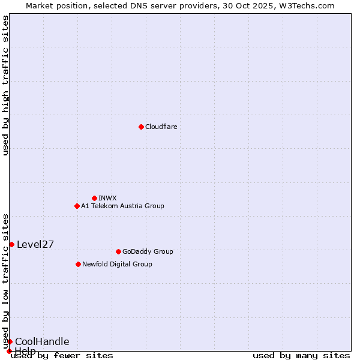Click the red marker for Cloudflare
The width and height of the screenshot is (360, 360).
click(141, 127)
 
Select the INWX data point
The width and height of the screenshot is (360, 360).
click(94, 198)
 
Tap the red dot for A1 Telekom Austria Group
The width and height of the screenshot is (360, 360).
click(77, 206)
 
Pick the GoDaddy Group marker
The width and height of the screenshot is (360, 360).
click(118, 251)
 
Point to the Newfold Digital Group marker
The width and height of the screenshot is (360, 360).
click(78, 264)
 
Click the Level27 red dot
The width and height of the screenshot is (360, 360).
click(11, 244)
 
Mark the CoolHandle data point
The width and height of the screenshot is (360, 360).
click(10, 341)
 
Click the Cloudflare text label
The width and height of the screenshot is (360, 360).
click(161, 127)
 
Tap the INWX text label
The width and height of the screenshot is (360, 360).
click(107, 198)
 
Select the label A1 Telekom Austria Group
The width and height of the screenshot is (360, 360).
click(122, 206)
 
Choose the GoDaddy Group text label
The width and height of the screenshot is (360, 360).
click(147, 251)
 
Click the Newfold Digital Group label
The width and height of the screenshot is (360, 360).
click(117, 264)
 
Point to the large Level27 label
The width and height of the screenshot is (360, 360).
click(35, 244)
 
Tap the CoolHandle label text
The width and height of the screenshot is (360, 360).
click(42, 341)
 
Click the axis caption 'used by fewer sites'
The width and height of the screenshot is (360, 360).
click(62, 355)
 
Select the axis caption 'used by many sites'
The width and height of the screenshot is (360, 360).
click(301, 355)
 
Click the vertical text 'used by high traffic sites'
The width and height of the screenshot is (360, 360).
click(5, 85)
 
